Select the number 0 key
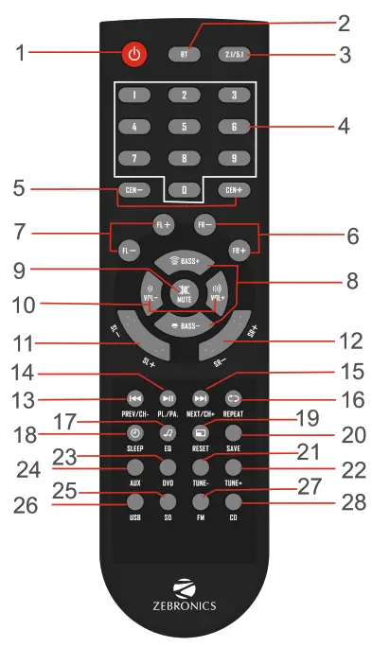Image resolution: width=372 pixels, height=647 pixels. click(x=186, y=189)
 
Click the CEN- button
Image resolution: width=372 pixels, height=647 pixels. click(x=133, y=189)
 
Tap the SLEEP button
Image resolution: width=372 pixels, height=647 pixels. click(x=134, y=435)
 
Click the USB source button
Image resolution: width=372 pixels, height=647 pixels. click(x=134, y=503)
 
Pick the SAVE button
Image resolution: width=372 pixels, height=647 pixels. click(x=234, y=435)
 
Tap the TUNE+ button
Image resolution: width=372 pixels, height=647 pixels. click(x=234, y=468)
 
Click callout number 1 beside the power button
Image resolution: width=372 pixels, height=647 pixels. click(x=22, y=54)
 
